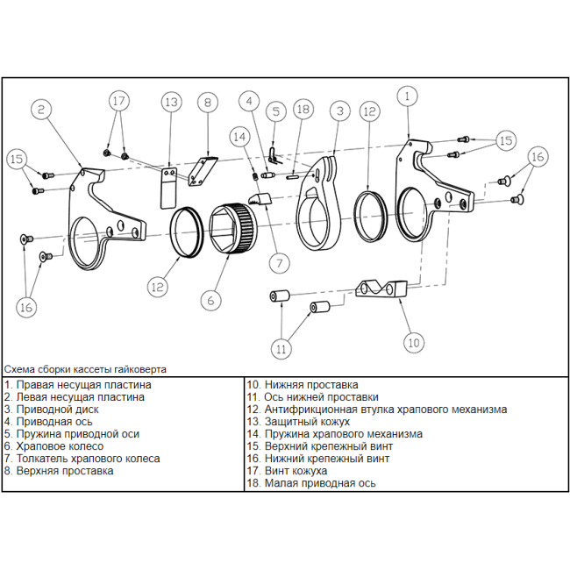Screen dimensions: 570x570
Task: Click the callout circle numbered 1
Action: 407,96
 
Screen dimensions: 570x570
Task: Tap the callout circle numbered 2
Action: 42,110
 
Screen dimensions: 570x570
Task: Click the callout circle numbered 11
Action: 281,348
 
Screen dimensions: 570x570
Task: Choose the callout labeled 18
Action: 303,110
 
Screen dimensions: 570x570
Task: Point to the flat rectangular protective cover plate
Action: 167,189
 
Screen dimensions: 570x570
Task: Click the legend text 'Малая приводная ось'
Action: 315,482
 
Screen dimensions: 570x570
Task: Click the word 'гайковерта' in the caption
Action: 139,369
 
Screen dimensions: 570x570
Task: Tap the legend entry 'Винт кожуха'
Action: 290,470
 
